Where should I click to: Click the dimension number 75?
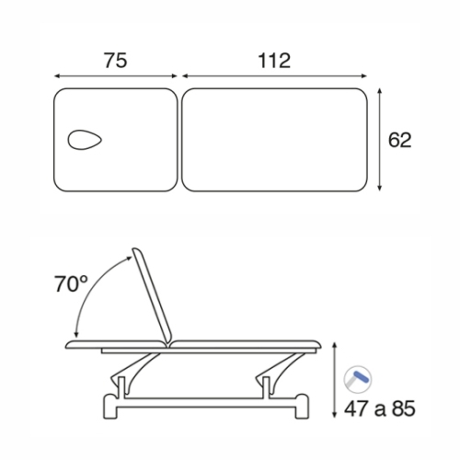116,61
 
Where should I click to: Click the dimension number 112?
274,61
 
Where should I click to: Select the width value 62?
399,140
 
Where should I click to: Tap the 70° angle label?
71,283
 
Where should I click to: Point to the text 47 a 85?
380,408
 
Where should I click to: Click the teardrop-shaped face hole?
85,140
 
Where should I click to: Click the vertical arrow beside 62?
380,140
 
